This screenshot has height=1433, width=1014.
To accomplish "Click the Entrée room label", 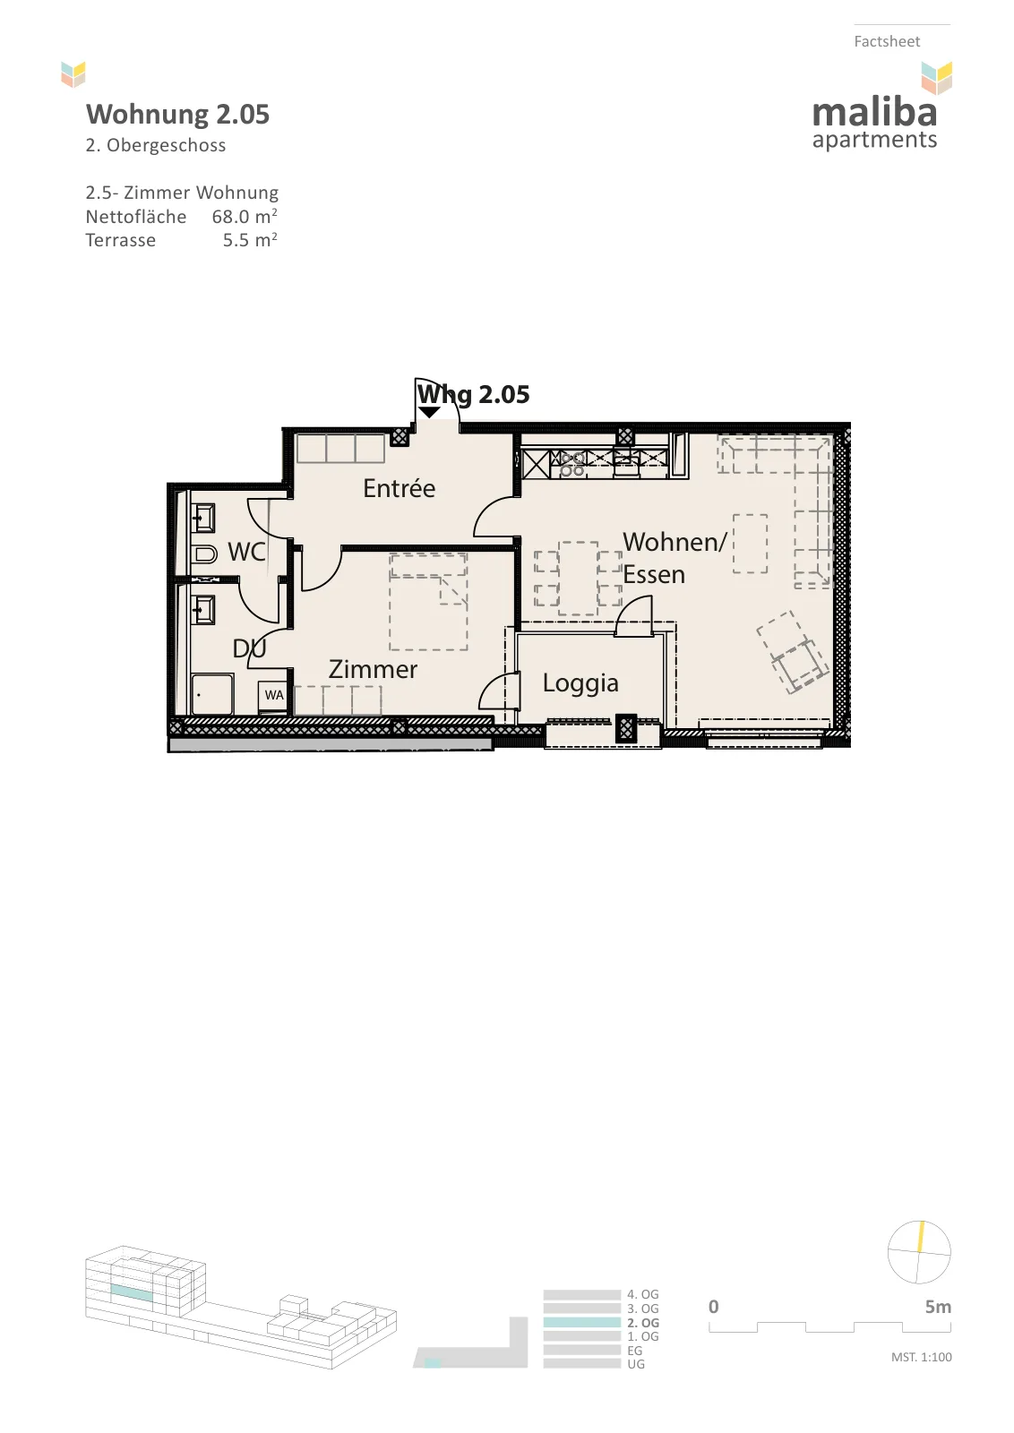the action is point(400,488).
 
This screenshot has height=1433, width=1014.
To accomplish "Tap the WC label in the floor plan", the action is point(246,552).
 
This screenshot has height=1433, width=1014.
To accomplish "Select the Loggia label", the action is point(580,684).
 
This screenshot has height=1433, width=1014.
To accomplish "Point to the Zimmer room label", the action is point(373,669).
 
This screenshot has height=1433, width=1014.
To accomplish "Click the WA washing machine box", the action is point(274,695).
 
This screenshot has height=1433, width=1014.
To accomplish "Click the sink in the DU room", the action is point(204,609).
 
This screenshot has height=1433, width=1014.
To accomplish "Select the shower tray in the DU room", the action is point(212,693).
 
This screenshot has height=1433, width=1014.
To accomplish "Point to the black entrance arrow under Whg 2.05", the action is point(429,413).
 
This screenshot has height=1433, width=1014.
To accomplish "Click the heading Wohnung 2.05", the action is point(178,115).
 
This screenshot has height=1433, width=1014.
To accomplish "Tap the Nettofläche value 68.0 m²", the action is point(245,216).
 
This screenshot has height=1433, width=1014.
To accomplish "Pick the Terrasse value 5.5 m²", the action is point(250,240).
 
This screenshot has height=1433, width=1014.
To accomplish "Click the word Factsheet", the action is point(887,41).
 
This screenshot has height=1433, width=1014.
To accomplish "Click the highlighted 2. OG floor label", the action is point(643,1323).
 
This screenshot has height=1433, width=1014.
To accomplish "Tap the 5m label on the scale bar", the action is point(938,1307).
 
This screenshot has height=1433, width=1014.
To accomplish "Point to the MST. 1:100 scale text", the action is point(921,1357).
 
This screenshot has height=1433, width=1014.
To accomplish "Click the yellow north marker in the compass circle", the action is point(921,1237).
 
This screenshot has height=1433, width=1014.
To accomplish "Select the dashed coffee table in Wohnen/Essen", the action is point(750,544).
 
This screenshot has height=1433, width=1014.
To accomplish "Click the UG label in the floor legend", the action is point(636,1364).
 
